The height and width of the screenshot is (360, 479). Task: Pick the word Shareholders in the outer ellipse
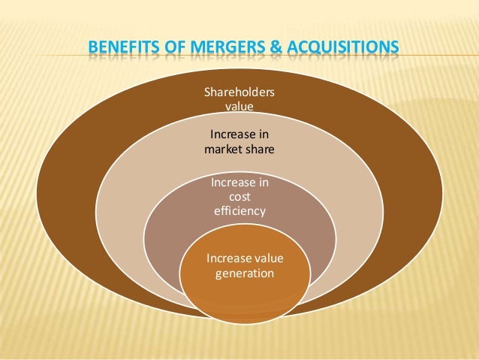239,92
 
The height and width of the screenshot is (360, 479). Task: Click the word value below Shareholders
239,107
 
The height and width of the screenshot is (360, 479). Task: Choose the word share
258,149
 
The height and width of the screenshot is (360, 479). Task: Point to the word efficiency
239,211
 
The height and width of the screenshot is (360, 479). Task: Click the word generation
245,274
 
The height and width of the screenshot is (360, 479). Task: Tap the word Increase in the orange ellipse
228,259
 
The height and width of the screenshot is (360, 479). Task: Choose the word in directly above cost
262,182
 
